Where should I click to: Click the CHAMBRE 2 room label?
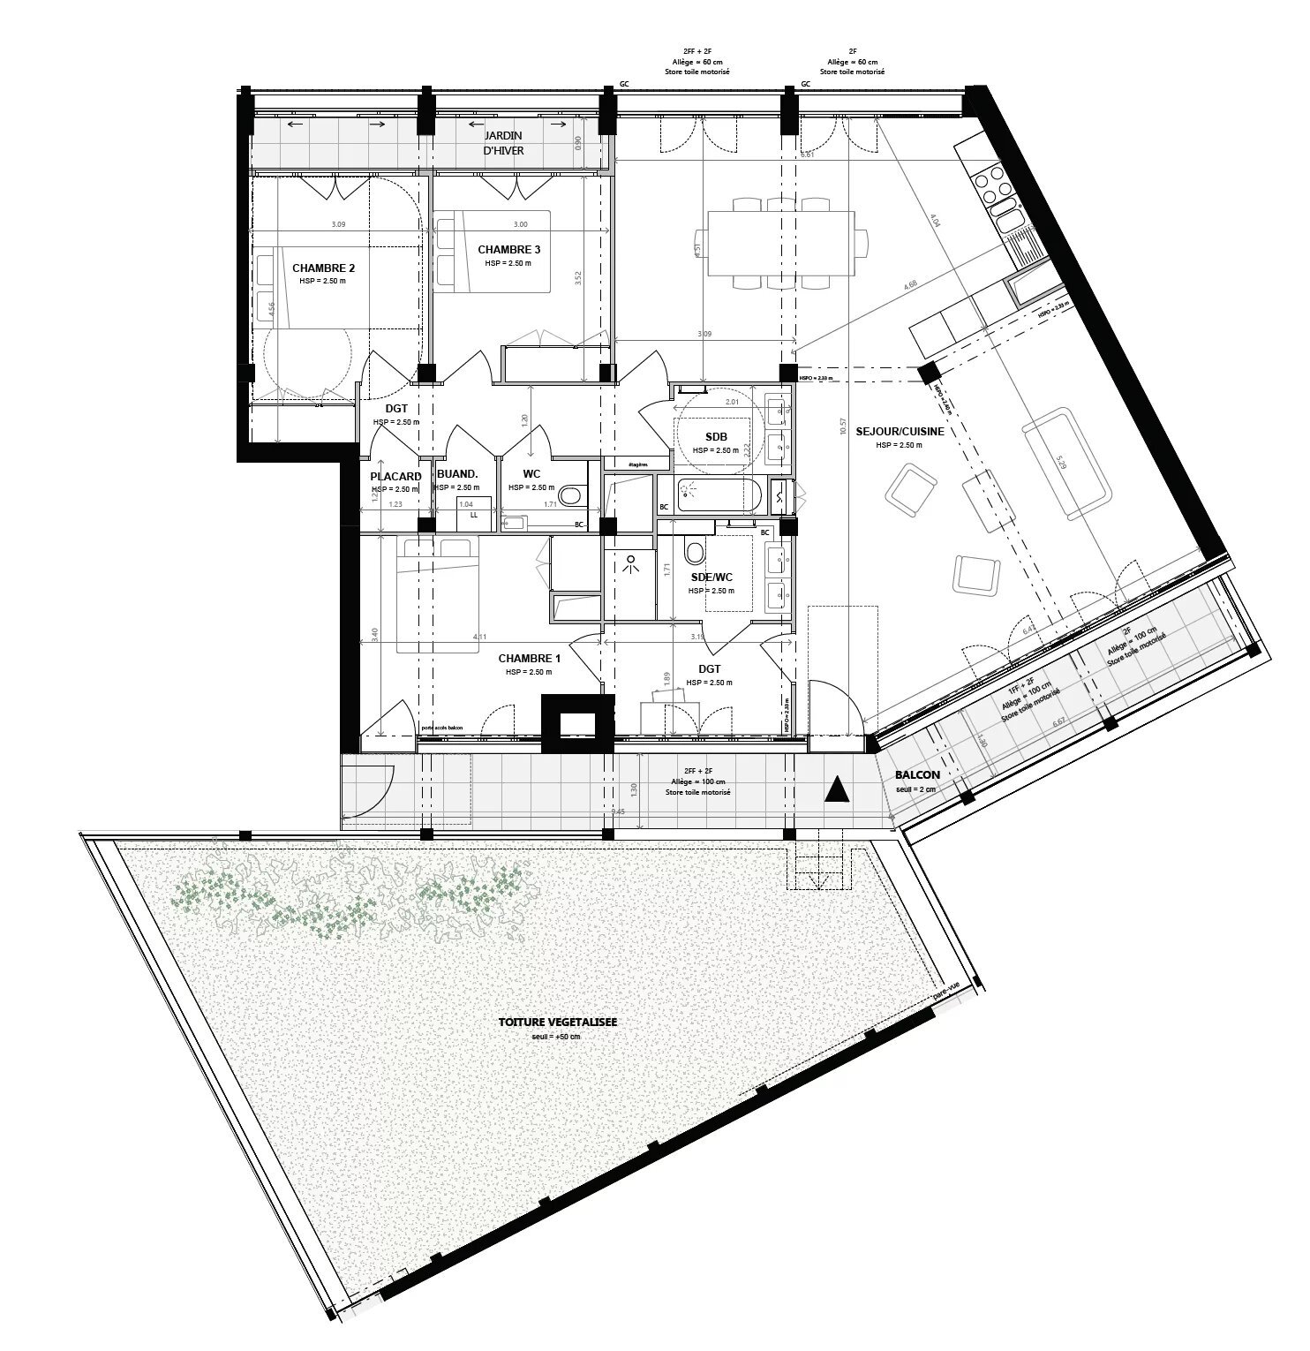(x=323, y=268)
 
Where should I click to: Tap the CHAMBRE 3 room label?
(x=508, y=249)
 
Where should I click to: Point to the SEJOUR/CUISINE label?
(x=900, y=432)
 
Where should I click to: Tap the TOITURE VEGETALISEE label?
(x=557, y=1022)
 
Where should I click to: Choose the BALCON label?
(x=916, y=774)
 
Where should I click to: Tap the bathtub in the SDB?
(x=719, y=494)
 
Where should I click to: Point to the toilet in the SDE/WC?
(x=694, y=552)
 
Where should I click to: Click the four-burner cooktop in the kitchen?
(x=996, y=185)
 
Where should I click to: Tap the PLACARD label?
(x=395, y=477)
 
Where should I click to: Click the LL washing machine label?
(x=473, y=514)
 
